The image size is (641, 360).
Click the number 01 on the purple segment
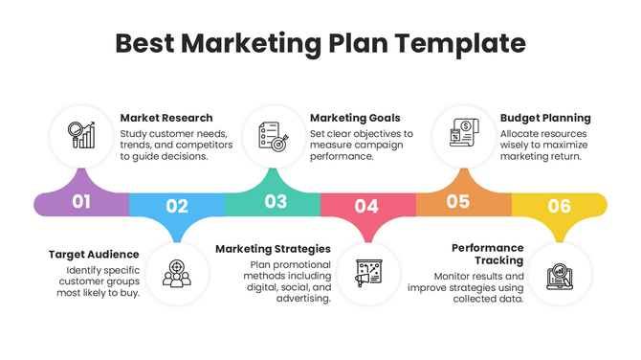pos(81,202)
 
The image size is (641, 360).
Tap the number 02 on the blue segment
pos(177,205)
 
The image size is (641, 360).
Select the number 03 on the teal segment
pos(276,201)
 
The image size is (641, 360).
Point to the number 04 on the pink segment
pos(366,205)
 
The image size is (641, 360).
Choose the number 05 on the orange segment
pos(458,201)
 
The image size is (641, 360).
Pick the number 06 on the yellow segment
pos(560,206)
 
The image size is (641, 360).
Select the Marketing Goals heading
pos(356,118)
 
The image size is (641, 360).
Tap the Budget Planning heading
pos(545,118)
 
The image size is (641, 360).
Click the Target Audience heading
pos(94,255)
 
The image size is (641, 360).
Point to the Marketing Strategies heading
pos(273,248)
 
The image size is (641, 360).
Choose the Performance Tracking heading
pos(487,254)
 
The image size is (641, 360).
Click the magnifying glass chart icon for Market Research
pos(80,134)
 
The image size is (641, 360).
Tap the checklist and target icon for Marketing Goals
pos(274,134)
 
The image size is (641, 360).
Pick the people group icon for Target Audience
pos(176,273)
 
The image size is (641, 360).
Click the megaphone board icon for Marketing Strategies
pos(367,273)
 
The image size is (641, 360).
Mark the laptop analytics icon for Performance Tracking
pos(559,273)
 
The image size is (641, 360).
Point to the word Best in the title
pos(144,44)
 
